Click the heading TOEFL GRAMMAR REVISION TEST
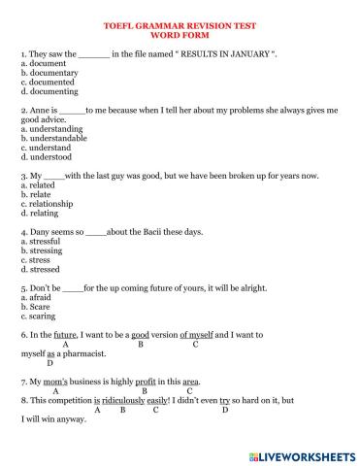click(180, 29)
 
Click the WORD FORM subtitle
click(180, 39)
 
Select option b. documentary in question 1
click(50, 73)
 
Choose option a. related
click(40, 183)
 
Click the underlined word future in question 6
click(65, 334)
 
